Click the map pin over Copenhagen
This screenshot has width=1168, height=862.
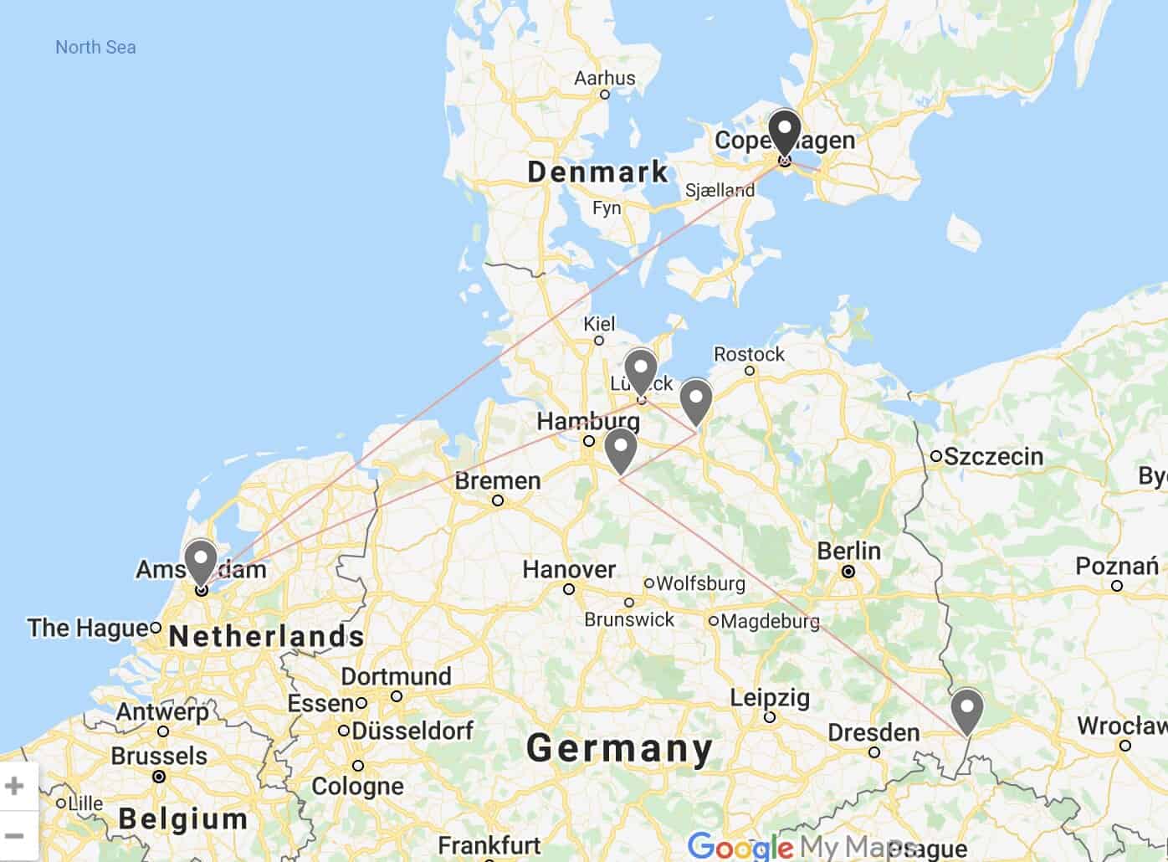click(x=785, y=132)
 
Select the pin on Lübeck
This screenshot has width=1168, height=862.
click(x=640, y=370)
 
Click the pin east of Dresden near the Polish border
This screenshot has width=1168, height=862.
click(x=967, y=710)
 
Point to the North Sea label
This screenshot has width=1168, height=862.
click(x=95, y=48)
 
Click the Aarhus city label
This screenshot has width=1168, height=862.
click(x=604, y=79)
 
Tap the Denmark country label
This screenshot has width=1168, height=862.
click(x=597, y=172)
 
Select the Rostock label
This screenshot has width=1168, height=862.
click(x=749, y=354)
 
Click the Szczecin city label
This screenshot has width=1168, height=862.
click(x=993, y=457)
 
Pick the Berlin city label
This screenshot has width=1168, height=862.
click(x=848, y=552)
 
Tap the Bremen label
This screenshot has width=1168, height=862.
click(x=498, y=481)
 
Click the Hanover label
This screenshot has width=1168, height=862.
click(x=569, y=570)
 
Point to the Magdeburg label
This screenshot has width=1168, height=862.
click(x=770, y=622)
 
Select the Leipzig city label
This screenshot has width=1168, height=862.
click(x=770, y=697)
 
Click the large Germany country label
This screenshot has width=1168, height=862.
click(x=620, y=748)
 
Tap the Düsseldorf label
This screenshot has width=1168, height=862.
click(x=412, y=731)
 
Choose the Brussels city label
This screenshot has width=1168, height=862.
click(x=159, y=756)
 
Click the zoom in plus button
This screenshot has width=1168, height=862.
click(x=14, y=786)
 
